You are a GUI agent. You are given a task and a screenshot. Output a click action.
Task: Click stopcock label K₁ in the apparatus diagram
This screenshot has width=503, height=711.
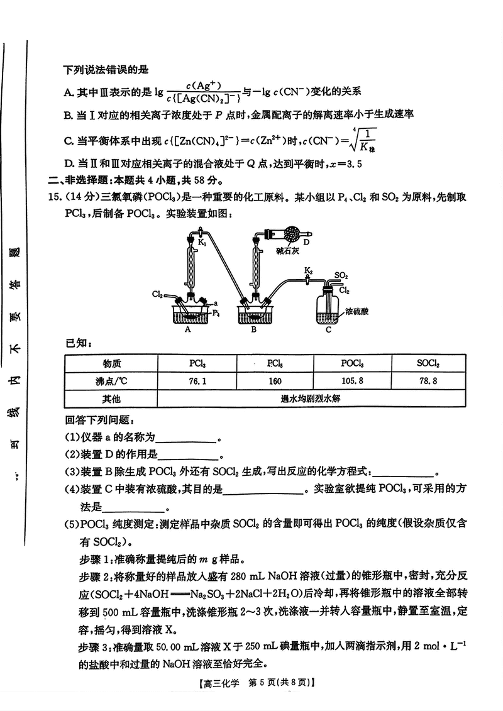202,241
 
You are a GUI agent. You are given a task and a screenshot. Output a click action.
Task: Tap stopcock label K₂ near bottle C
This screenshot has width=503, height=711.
308,270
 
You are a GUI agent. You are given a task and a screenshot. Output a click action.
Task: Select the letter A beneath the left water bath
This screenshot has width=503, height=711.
189,328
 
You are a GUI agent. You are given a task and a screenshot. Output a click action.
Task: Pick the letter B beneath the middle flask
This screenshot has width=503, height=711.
253,328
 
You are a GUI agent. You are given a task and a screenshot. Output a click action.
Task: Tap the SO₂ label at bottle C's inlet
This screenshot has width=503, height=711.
341,275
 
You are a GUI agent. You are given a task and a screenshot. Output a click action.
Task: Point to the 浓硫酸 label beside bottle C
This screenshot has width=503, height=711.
358,311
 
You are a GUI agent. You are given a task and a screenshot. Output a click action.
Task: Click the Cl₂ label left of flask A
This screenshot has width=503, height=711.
158,294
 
